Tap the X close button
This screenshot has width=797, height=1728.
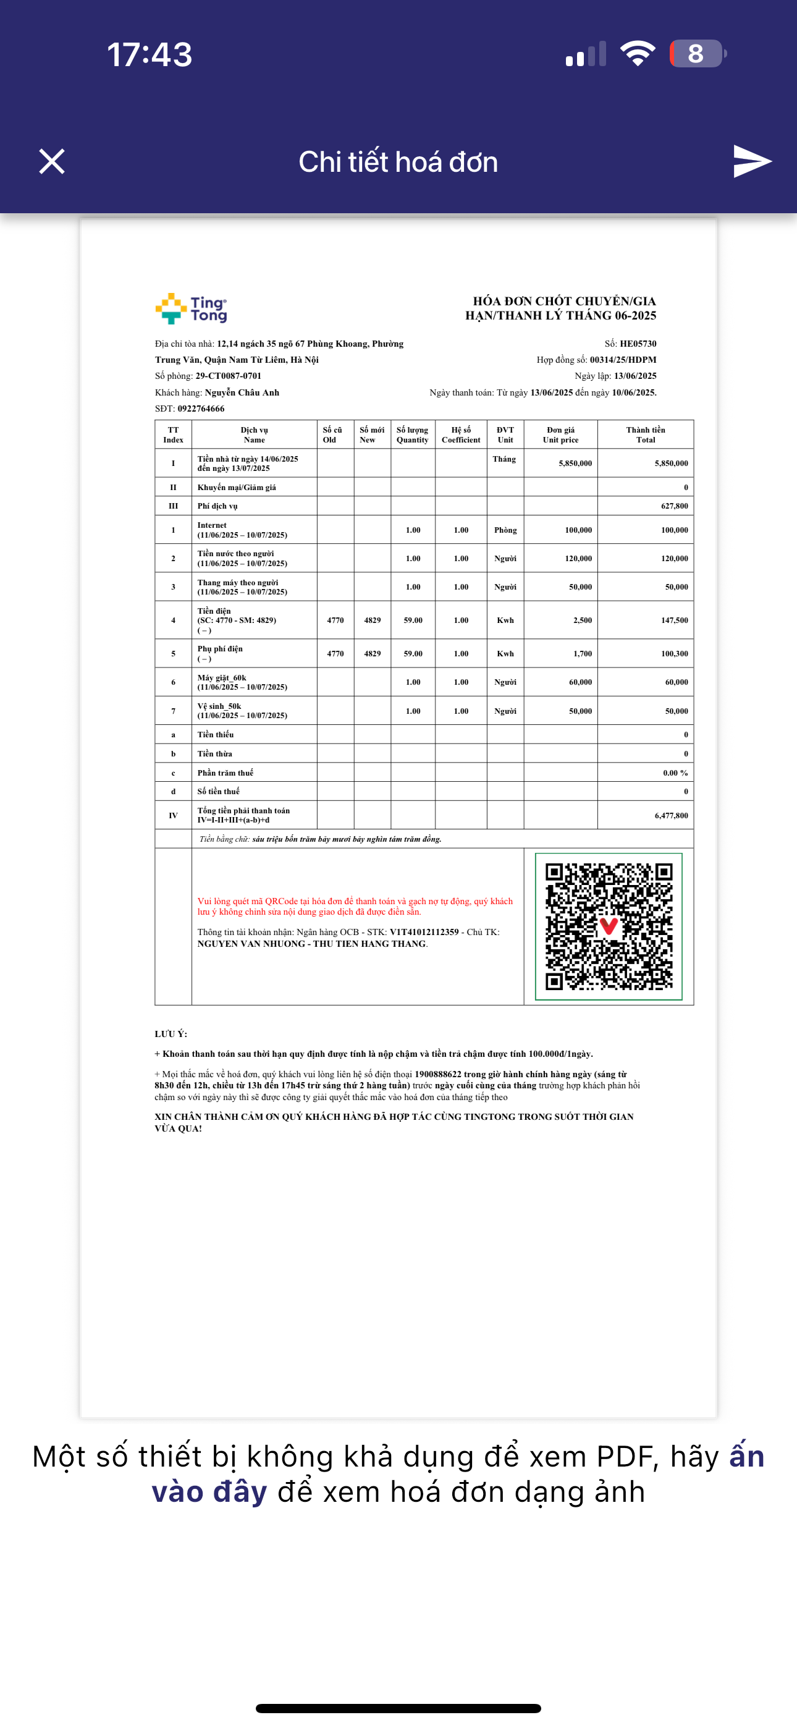pos(52,162)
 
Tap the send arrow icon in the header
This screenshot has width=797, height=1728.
pos(752,162)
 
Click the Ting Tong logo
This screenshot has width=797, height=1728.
pos(191,308)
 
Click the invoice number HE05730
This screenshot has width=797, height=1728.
pos(638,344)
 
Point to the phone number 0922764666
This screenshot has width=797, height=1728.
pos(201,409)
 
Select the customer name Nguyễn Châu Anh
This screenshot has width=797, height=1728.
pos(242,392)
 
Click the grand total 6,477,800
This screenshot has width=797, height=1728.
pos(671,816)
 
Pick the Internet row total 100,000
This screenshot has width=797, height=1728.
pos(674,530)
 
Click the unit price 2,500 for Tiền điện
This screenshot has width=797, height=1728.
pos(583,620)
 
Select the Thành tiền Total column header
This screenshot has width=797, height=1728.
pos(646,434)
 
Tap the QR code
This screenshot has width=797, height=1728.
pos(609,926)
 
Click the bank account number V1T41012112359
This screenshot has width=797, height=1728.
pos(424,932)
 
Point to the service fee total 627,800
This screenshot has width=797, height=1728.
pos(674,506)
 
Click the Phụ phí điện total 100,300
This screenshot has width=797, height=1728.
pos(674,653)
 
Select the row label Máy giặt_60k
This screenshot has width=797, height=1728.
pos(222,677)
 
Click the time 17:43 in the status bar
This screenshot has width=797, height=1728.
pos(150,54)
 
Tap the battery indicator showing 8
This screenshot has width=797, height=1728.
pos(696,54)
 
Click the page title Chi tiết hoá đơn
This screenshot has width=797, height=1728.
pos(398,162)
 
